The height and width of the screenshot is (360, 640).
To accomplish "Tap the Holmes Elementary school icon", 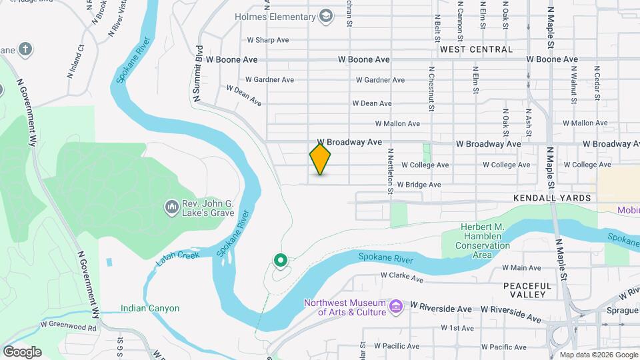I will [326, 15].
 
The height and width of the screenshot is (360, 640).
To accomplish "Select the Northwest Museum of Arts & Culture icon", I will [397, 307].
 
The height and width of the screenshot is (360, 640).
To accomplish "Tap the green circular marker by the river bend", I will [281, 260].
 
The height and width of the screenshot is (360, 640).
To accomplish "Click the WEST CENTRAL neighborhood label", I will [476, 49].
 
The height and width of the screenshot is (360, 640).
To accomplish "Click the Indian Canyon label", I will [150, 308].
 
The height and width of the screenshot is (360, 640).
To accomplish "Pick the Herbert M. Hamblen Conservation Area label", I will [483, 241].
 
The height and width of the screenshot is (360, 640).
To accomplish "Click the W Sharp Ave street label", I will [267, 40].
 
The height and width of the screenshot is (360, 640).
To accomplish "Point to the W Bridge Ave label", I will [419, 185].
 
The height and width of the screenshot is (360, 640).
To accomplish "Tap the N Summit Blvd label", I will [198, 74].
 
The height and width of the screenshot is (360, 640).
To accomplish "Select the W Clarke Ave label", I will [402, 275].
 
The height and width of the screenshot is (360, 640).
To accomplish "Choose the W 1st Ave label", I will [457, 328].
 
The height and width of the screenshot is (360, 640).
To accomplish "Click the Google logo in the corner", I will [22, 352].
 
